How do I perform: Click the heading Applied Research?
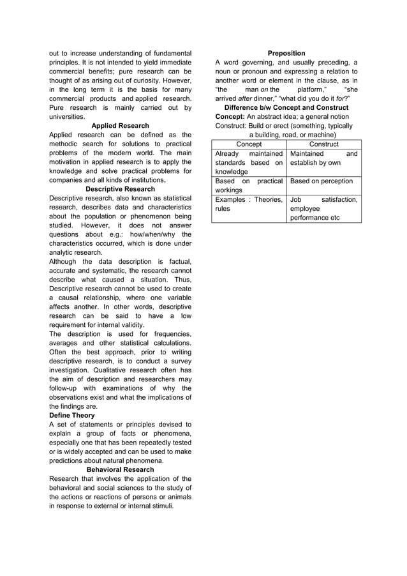click(x=120, y=126)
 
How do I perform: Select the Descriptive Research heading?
click(x=120, y=189)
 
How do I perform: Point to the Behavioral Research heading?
click(x=120, y=469)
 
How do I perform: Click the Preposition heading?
click(x=286, y=53)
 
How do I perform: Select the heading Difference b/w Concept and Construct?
click(x=286, y=107)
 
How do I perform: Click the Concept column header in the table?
click(x=249, y=144)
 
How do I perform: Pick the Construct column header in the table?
click(x=323, y=144)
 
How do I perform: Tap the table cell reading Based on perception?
click(x=322, y=181)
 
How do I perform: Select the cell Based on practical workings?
click(x=249, y=186)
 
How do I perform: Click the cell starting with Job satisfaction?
click(x=323, y=209)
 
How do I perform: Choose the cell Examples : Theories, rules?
click(x=249, y=204)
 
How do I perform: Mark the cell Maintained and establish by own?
click(x=323, y=158)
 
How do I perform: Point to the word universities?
click(x=67, y=117)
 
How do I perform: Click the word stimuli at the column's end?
click(x=162, y=506)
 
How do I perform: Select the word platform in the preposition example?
click(x=311, y=89)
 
